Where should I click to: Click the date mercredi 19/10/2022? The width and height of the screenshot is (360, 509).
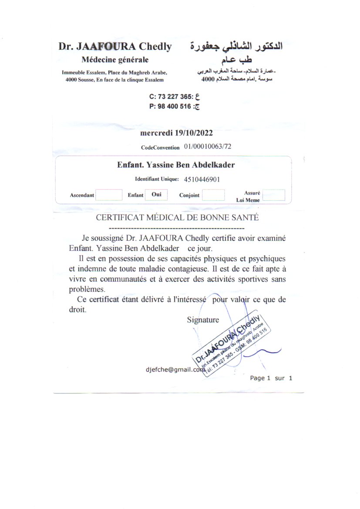pyautogui.click(x=176, y=133)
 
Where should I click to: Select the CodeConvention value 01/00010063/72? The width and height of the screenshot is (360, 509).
pyautogui.click(x=208, y=146)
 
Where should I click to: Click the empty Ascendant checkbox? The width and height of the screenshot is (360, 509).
pyautogui.click(x=108, y=195)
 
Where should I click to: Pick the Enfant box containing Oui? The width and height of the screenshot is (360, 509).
pyautogui.click(x=156, y=195)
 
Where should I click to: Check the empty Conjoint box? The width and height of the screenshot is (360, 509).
pyautogui.click(x=213, y=195)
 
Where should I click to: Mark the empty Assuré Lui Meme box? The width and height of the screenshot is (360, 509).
pyautogui.click(x=274, y=195)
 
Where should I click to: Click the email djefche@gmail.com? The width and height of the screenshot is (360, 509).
pyautogui.click(x=175, y=369)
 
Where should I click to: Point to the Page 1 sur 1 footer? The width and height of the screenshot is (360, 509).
pyautogui.click(x=271, y=378)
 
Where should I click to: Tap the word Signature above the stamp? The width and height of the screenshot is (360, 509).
pyautogui.click(x=203, y=320)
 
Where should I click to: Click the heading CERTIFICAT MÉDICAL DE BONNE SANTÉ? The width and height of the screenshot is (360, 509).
pyautogui.click(x=177, y=218)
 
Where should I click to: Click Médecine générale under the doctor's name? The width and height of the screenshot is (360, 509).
pyautogui.click(x=115, y=60)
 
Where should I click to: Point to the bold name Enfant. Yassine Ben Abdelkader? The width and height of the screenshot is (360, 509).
pyautogui.click(x=176, y=165)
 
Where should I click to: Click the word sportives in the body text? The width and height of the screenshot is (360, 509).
pyautogui.click(x=251, y=279)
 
